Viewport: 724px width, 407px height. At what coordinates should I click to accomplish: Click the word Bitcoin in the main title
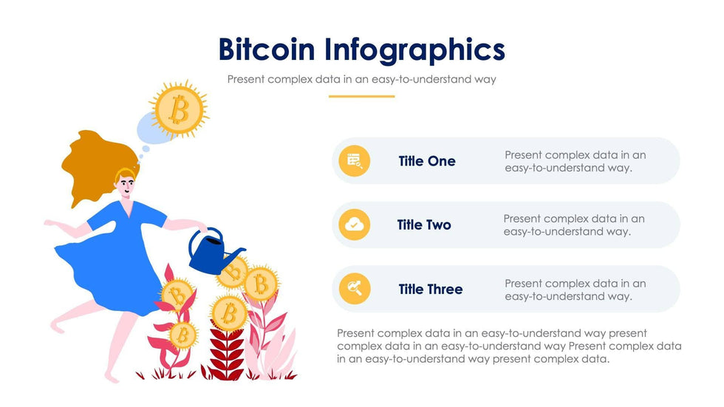(x=267, y=49)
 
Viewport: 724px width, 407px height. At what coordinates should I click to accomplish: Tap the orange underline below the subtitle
(x=361, y=97)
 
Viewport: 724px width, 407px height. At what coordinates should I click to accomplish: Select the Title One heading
(x=427, y=161)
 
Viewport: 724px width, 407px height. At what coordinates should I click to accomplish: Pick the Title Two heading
(x=424, y=225)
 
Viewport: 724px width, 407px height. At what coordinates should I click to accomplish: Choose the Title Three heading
(x=430, y=290)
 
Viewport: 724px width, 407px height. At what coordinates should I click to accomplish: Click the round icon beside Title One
(x=354, y=160)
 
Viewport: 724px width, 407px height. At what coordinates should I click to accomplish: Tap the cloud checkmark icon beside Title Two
(x=354, y=225)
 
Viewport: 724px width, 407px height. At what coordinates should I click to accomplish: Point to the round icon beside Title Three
(x=354, y=289)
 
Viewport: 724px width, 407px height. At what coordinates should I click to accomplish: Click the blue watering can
(x=210, y=253)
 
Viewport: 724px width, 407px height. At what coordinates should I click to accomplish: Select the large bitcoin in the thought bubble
(x=179, y=110)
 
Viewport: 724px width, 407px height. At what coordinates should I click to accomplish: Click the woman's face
(x=126, y=185)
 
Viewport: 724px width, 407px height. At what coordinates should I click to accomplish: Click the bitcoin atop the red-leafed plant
(x=228, y=314)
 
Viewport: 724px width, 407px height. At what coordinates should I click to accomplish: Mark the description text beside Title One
(x=576, y=161)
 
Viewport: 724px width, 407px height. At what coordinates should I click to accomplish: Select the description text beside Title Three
(x=576, y=290)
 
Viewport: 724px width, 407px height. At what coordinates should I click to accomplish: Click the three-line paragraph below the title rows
(x=509, y=346)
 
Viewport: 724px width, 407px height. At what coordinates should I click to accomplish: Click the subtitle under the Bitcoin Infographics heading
(x=361, y=79)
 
